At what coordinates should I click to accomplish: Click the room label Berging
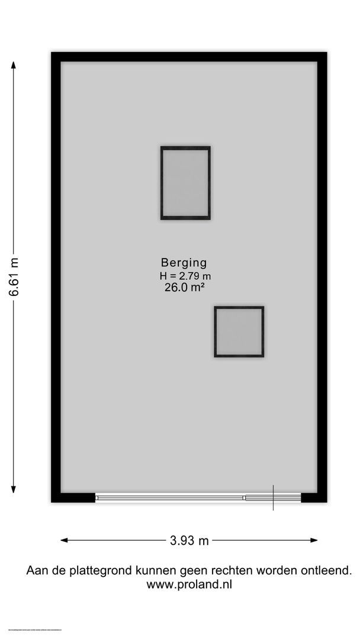pyautogui.click(x=184, y=263)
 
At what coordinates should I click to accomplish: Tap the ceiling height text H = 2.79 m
pyautogui.click(x=185, y=276)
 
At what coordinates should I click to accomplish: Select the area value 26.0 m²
pyautogui.click(x=184, y=288)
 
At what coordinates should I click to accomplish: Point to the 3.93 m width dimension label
pyautogui.click(x=189, y=540)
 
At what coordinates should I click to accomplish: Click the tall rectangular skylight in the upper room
pyautogui.click(x=185, y=183)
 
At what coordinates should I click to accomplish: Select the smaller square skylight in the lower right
pyautogui.click(x=239, y=332)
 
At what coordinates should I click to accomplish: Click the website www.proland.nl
pyautogui.click(x=189, y=585)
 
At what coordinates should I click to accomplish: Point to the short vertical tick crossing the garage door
pyautogui.click(x=273, y=498)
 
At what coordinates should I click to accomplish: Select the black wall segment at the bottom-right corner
pyautogui.click(x=313, y=498)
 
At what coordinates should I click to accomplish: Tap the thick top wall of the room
pyautogui.click(x=189, y=57)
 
